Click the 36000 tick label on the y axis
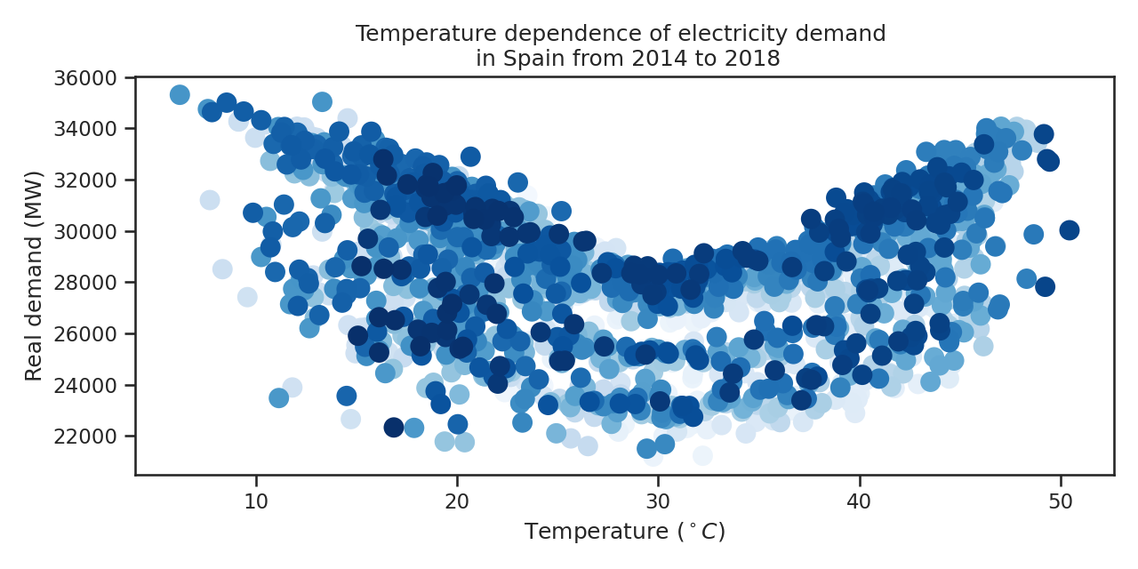[92, 77]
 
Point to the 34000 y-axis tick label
[92, 129]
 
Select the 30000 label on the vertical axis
[92, 231]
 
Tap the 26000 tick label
[92, 334]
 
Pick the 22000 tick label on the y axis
[92, 437]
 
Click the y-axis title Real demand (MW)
[34, 276]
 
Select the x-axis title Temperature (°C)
[624, 532]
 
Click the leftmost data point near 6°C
[180, 94]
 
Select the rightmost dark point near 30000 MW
[1069, 230]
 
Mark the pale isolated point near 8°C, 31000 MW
[210, 200]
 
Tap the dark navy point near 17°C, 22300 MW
[394, 428]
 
